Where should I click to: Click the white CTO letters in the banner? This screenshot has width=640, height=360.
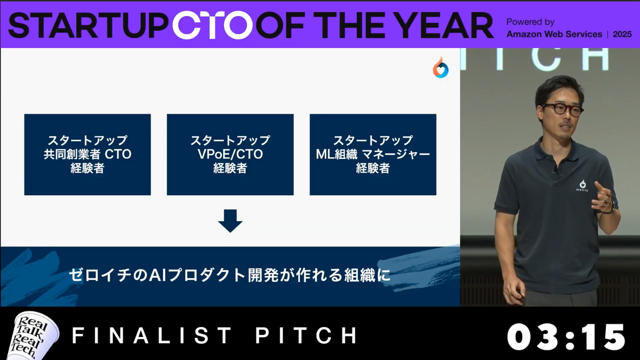coord(213,25)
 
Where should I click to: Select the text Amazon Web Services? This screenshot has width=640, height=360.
coord(554,34)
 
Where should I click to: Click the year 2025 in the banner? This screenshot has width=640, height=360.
coord(622,34)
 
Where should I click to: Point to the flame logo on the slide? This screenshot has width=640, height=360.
coord(441,67)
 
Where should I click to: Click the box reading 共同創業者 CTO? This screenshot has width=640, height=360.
coord(87,155)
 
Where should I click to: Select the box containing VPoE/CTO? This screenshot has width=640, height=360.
coord(230,155)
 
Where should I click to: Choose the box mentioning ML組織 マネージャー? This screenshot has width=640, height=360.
coord(373,155)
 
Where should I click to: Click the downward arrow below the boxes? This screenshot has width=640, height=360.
coord(230,221)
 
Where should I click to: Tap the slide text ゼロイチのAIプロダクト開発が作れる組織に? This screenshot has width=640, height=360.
coord(230,275)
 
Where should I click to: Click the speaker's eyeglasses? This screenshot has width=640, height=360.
coord(562,109)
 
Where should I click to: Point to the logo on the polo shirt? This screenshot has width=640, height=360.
coord(582,186)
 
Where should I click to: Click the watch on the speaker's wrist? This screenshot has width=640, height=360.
coord(611,207)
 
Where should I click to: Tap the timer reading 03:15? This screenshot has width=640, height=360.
coord(566,337)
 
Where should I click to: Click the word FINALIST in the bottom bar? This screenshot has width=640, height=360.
coord(151,335)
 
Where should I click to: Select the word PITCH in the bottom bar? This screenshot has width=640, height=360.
coord(307,335)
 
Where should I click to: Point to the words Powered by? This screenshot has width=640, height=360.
coord(530,22)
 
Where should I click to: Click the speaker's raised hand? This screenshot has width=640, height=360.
coord(602,197)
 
